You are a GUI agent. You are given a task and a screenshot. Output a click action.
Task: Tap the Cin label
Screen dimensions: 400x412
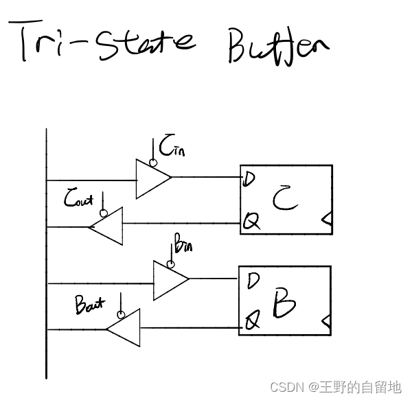[172, 146]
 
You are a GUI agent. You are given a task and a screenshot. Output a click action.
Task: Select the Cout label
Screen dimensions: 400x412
[79, 200]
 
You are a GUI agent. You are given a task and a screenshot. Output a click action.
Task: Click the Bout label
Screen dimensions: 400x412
[91, 305]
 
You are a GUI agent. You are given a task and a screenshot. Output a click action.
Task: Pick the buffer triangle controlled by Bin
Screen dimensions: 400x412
[169, 280]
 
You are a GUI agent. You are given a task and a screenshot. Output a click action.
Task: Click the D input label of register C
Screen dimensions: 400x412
[249, 179]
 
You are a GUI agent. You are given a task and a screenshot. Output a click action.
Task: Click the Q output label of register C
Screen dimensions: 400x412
[251, 221]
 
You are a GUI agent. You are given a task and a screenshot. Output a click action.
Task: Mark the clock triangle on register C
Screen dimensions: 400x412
[328, 220]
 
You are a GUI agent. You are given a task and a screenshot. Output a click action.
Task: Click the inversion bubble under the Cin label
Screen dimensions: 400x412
[152, 163]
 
